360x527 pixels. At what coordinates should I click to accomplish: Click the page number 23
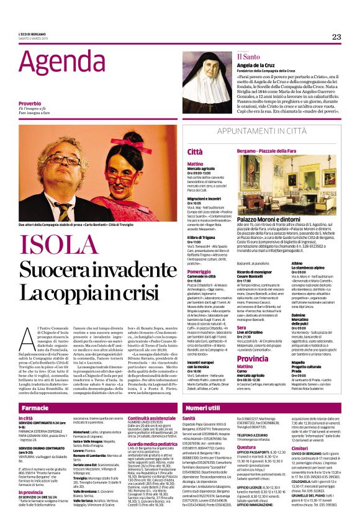(x=336, y=37)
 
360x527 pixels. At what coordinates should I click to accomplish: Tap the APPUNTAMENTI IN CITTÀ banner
(x=271, y=131)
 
